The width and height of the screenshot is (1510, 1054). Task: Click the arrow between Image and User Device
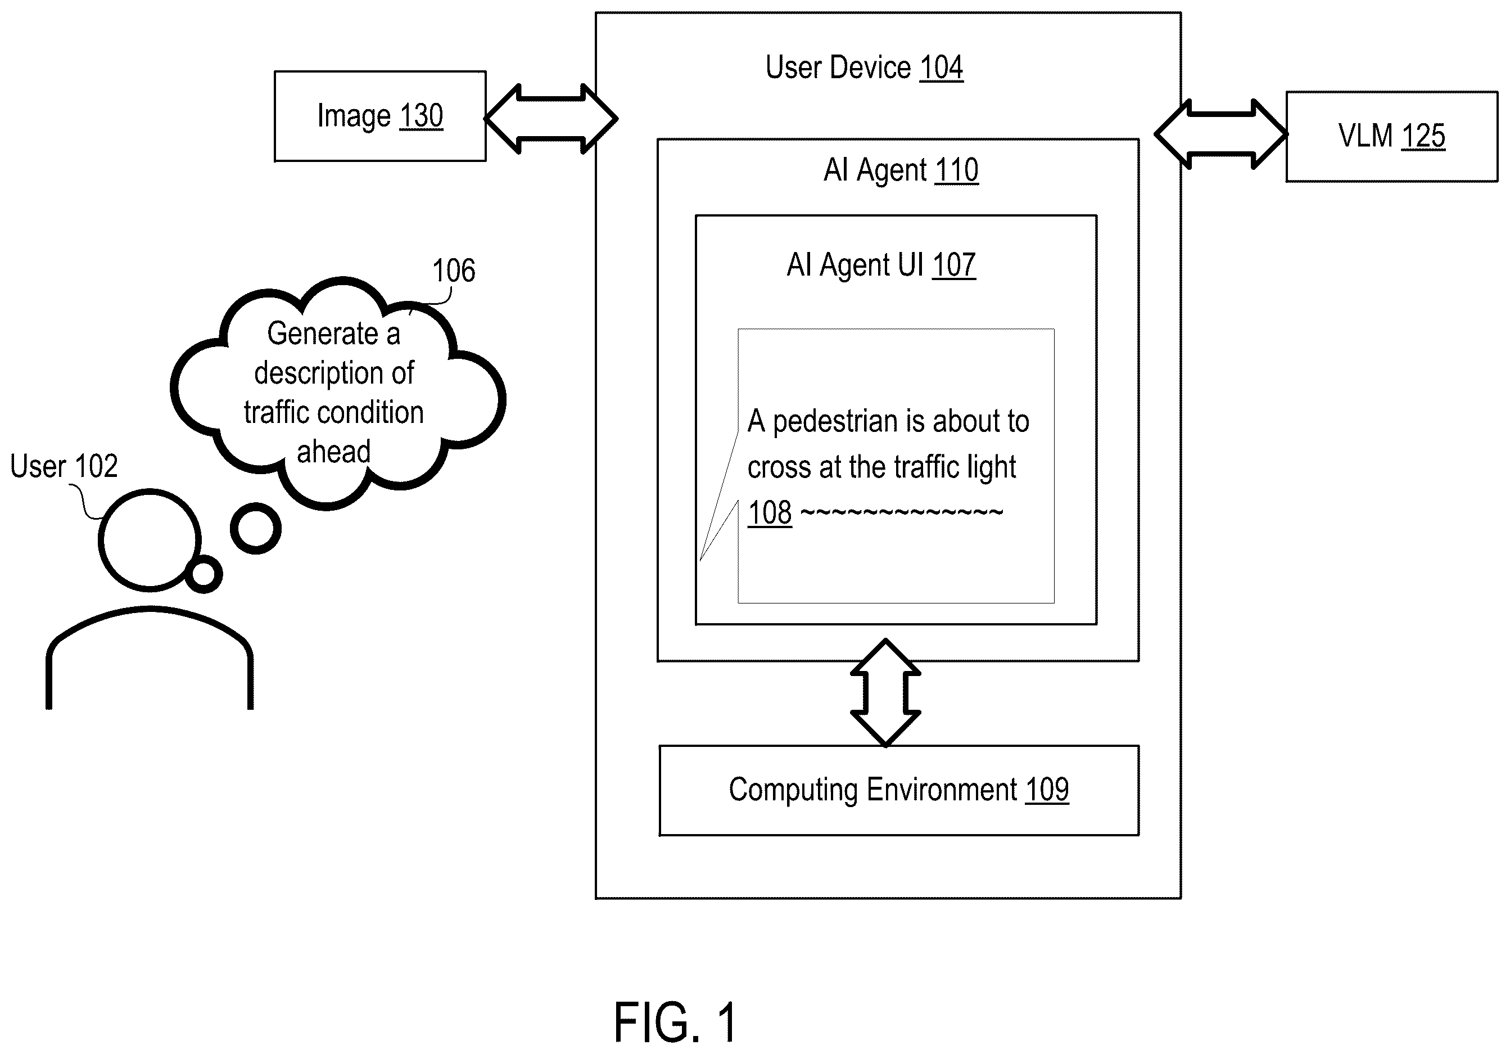pyautogui.click(x=551, y=119)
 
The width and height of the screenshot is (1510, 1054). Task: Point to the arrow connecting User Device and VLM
pyautogui.click(x=1220, y=134)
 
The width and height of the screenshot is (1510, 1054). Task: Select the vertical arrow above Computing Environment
pyautogui.click(x=885, y=693)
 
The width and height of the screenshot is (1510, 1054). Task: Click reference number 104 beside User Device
pyautogui.click(x=941, y=67)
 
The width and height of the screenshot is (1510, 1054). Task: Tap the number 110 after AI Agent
pyautogui.click(x=956, y=170)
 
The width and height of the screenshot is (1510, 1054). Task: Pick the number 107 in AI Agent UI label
pyautogui.click(x=953, y=265)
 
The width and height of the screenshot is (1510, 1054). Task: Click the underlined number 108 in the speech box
pyautogui.click(x=770, y=513)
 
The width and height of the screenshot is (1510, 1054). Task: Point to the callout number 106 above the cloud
pyautogui.click(x=454, y=271)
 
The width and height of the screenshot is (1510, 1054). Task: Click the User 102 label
pyautogui.click(x=64, y=466)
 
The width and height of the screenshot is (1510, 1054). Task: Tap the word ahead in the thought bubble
pyautogui.click(x=334, y=452)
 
